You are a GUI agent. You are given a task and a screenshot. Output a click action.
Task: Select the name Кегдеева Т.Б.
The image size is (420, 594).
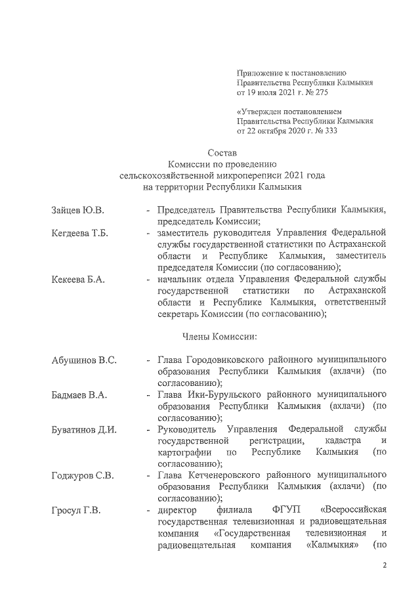point(79,234)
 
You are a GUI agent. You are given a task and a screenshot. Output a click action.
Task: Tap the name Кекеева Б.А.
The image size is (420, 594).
point(78,280)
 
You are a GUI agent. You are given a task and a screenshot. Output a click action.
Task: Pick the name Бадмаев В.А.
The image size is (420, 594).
point(79,395)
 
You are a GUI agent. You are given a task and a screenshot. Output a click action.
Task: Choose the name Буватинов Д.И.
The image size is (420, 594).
point(84,431)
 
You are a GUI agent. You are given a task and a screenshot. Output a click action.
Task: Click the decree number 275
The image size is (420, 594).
point(307,93)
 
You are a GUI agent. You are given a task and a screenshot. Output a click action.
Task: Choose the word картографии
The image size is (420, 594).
point(184,454)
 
